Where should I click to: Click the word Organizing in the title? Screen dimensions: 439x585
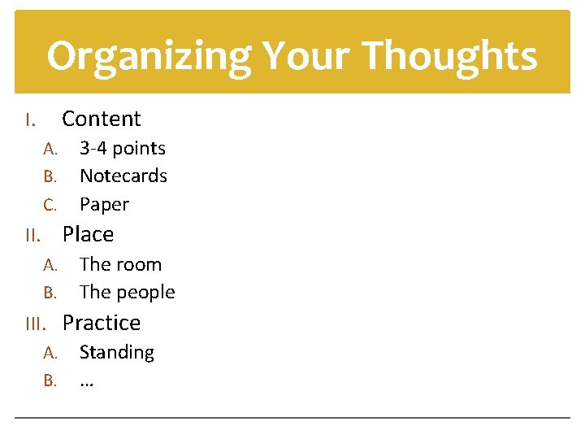tap(147, 57)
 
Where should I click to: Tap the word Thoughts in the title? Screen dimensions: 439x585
tap(449, 55)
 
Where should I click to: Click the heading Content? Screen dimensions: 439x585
tap(102, 119)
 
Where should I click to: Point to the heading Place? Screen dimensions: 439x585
tap(88, 234)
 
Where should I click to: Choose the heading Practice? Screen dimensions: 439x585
tap(102, 323)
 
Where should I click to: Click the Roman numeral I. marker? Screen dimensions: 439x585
tap(29, 121)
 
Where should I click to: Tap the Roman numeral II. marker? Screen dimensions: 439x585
tap(32, 237)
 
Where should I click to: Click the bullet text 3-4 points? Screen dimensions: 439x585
tap(122, 148)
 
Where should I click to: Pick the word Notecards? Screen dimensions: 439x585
tap(123, 176)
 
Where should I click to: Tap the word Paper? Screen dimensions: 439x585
tap(104, 205)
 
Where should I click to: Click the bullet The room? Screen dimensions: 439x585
tap(120, 264)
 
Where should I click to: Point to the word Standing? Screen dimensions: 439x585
tap(116, 352)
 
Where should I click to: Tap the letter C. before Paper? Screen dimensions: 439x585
tap(50, 205)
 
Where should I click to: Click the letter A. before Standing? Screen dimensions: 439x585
tap(50, 353)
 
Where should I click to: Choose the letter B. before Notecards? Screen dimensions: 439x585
tap(50, 176)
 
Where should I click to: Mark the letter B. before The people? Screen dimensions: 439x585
tap(50, 293)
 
